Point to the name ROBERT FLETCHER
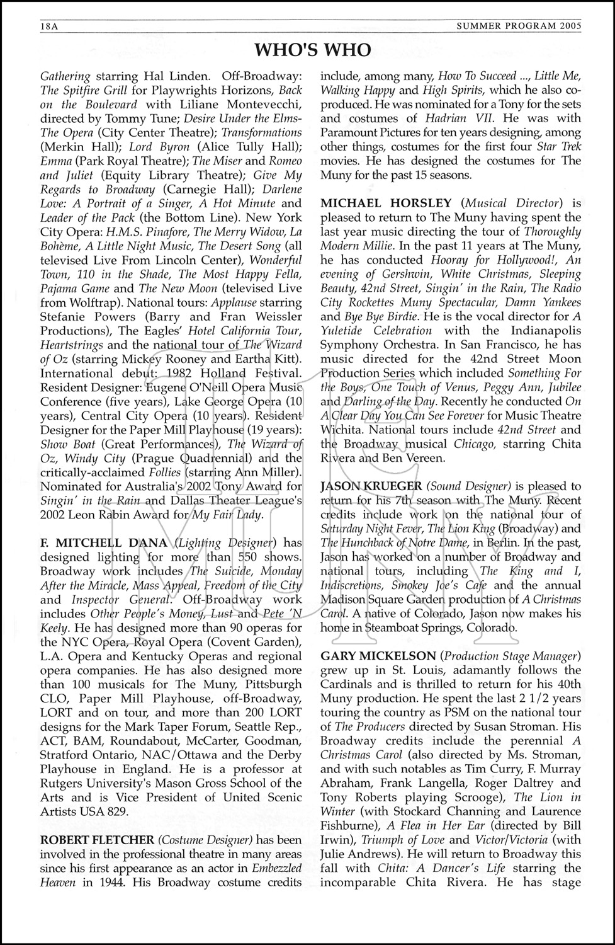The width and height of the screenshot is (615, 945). [97, 840]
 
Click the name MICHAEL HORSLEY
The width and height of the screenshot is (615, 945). [386, 203]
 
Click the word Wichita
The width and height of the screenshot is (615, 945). [344, 430]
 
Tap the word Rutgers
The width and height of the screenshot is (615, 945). [64, 783]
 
